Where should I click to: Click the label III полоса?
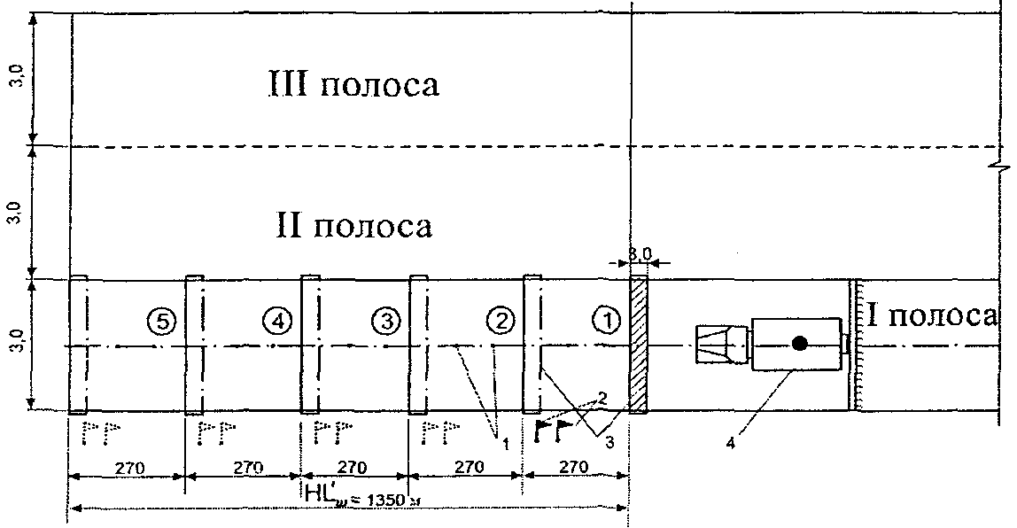point(354,86)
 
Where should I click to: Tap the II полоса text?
point(353,226)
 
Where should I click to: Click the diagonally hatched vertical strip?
point(638,345)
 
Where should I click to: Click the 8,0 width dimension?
point(640,254)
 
